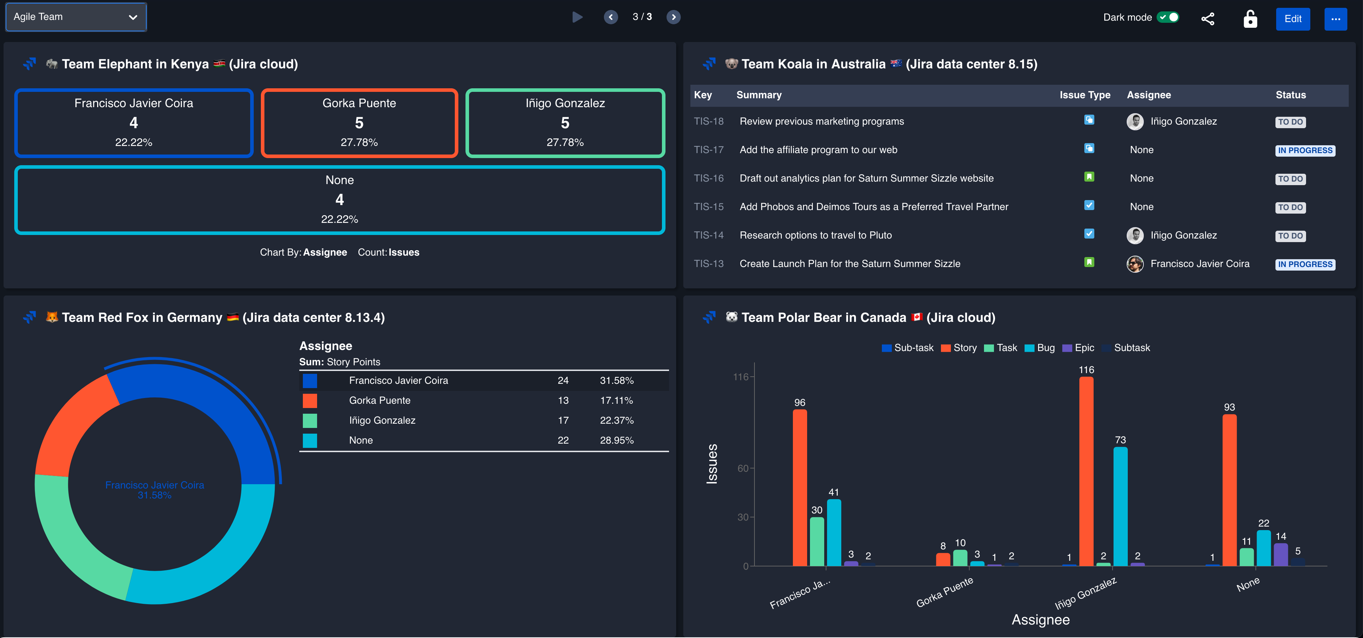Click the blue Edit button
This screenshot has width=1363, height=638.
(x=1292, y=19)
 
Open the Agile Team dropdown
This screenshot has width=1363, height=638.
(x=76, y=17)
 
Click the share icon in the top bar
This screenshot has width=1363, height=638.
(x=1207, y=19)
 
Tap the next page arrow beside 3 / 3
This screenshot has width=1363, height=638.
(x=673, y=17)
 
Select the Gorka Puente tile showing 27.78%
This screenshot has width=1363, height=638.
(x=359, y=123)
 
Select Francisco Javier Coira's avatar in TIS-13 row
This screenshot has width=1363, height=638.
(x=1135, y=264)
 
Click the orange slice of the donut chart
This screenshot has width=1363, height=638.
(x=74, y=424)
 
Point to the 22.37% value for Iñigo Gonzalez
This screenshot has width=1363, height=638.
(x=616, y=420)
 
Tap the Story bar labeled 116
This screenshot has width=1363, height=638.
(x=1086, y=471)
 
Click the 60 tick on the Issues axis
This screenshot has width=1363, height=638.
(x=742, y=469)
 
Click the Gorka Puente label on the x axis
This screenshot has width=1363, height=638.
(x=944, y=592)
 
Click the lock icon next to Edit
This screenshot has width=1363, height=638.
(x=1250, y=19)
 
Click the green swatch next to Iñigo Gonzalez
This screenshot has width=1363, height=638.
(x=310, y=420)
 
